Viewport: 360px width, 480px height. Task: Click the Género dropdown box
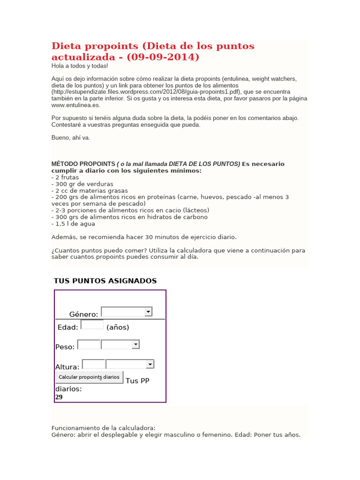pos(126,312)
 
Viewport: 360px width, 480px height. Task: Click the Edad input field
pos(92,325)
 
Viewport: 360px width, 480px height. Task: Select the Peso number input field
pos(89,345)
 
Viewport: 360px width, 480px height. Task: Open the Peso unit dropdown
pos(120,345)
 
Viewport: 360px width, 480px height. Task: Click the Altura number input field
pos(93,364)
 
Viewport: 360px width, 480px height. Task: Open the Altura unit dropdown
pos(130,364)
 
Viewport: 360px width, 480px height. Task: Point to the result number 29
pos(59,397)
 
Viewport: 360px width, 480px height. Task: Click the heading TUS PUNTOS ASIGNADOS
pos(105,281)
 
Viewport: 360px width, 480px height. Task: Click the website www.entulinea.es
pos(75,105)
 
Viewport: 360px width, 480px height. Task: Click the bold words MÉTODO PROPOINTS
pos(83,164)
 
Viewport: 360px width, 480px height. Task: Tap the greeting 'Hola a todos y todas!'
pos(79,66)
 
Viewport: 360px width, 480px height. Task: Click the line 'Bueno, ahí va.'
pos(70,138)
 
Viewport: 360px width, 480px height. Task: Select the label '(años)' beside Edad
pos(118,327)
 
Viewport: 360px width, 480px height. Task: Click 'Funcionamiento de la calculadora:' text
pos(103,428)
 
